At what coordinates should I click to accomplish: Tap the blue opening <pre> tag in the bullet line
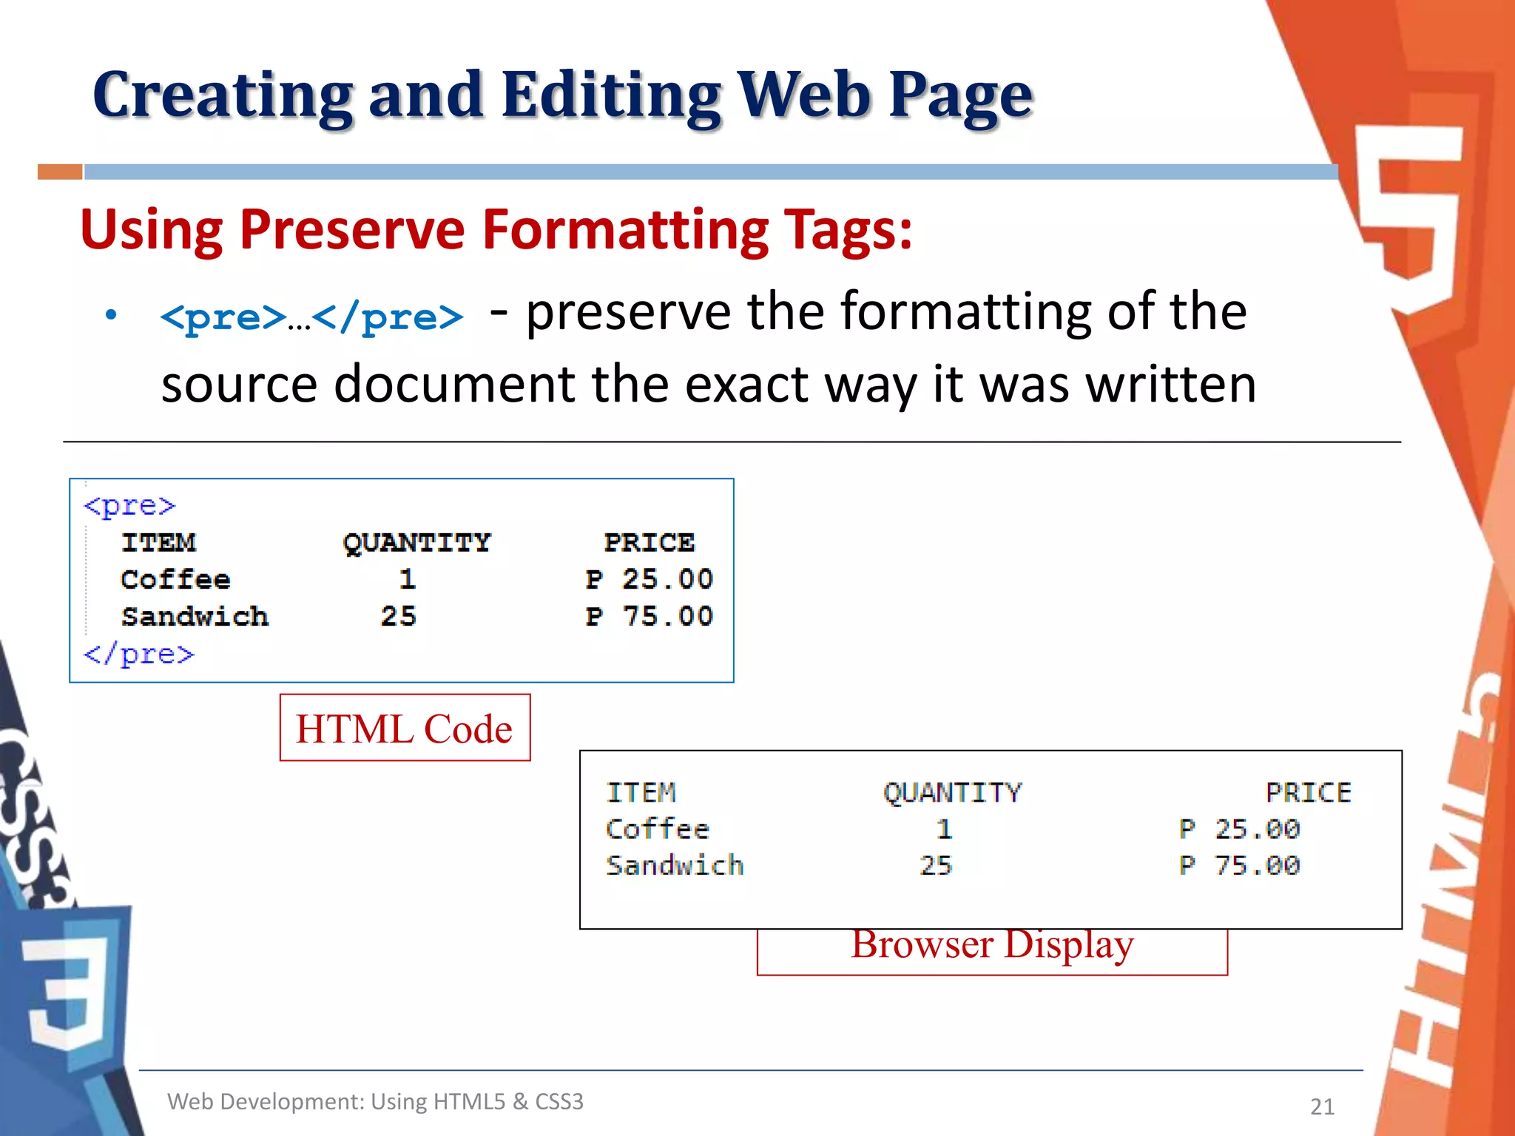[223, 318]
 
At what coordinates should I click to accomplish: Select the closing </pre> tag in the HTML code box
[139, 655]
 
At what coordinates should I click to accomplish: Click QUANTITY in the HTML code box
[416, 543]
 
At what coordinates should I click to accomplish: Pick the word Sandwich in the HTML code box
[195, 617]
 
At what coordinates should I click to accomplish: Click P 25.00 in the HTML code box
[649, 579]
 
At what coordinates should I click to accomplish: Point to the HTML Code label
[405, 728]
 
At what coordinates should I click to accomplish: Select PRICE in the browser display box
[1308, 793]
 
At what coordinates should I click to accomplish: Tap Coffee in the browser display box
[658, 829]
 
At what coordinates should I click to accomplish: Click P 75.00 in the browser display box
[1239, 865]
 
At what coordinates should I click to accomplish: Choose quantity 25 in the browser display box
[936, 865]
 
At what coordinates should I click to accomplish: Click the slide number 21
[1322, 1106]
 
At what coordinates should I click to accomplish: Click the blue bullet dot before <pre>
[111, 316]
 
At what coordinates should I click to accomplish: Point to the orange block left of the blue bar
[60, 172]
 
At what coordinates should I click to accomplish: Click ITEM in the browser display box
[641, 793]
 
